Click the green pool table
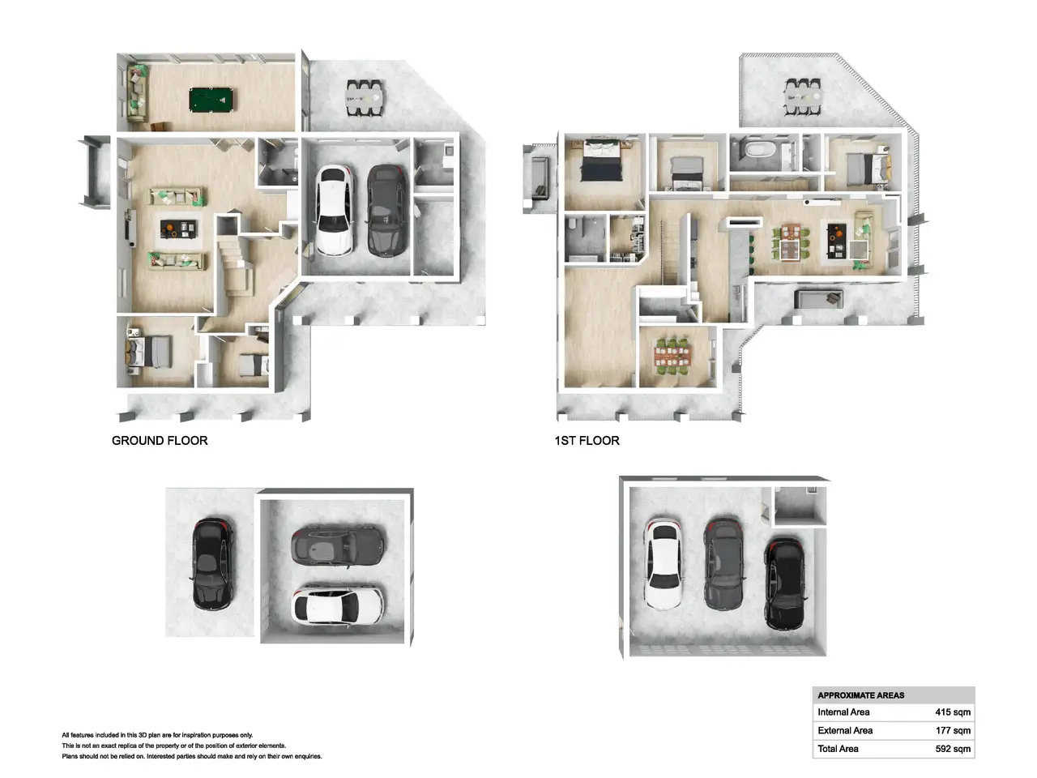point(211,99)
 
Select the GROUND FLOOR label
point(160,440)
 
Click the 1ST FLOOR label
point(587,440)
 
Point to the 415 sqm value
point(953,712)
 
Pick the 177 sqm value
point(953,730)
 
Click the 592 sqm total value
point(953,749)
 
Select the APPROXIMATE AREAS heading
point(860,695)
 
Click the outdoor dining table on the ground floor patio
point(365,98)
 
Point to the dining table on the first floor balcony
point(803,97)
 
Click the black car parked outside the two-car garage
point(212,564)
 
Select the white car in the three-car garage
point(664,563)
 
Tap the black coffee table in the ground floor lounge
point(178,229)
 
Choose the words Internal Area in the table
point(843,712)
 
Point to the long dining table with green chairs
point(672,357)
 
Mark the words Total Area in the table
point(838,749)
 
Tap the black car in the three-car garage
point(784,584)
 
